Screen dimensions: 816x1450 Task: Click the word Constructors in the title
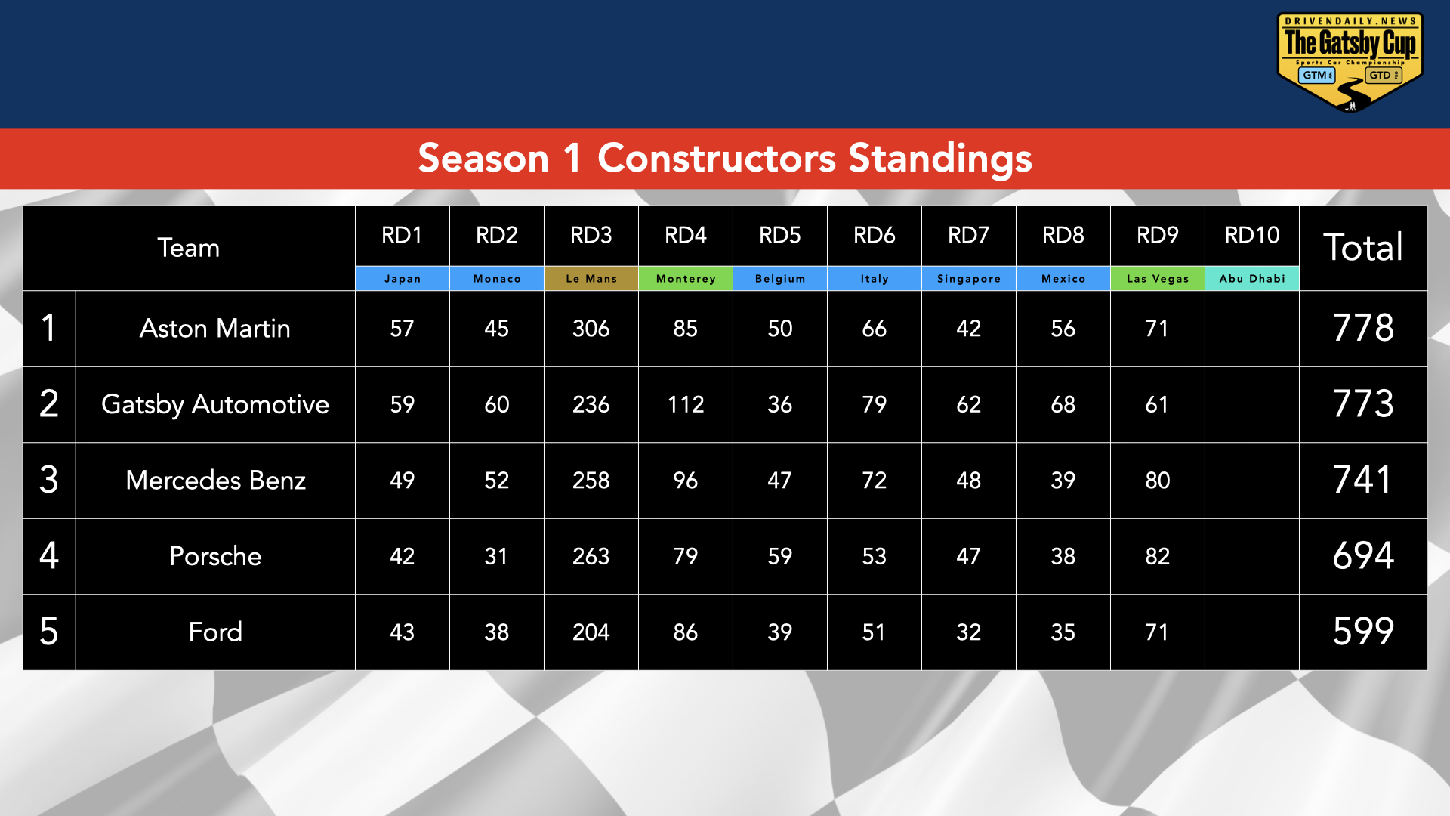[x=716, y=159]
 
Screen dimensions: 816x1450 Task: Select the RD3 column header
[x=591, y=236]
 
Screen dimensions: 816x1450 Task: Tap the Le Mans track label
[x=591, y=279]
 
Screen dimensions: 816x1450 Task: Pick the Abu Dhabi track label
[x=1251, y=279]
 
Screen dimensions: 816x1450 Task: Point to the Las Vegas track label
[x=1157, y=279]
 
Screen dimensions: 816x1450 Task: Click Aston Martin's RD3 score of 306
[x=591, y=329]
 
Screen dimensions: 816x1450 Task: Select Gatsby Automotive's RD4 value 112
[x=685, y=405]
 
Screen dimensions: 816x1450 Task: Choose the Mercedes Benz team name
[x=215, y=481]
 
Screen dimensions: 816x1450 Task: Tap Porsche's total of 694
[x=1362, y=556]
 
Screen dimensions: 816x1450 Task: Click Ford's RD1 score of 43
[x=402, y=632]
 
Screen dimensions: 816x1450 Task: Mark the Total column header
[x=1362, y=248]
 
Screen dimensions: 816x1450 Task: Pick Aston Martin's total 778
[x=1362, y=329]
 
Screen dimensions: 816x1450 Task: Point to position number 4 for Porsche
[x=49, y=556]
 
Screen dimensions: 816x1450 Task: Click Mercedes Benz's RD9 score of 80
[x=1157, y=481]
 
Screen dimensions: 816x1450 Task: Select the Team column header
[x=188, y=248]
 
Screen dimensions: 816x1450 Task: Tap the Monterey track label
[x=685, y=279]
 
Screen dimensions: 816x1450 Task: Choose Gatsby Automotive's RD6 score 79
[x=874, y=405]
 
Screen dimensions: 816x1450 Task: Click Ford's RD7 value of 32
[x=968, y=632]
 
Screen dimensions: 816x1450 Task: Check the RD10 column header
[x=1251, y=236]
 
